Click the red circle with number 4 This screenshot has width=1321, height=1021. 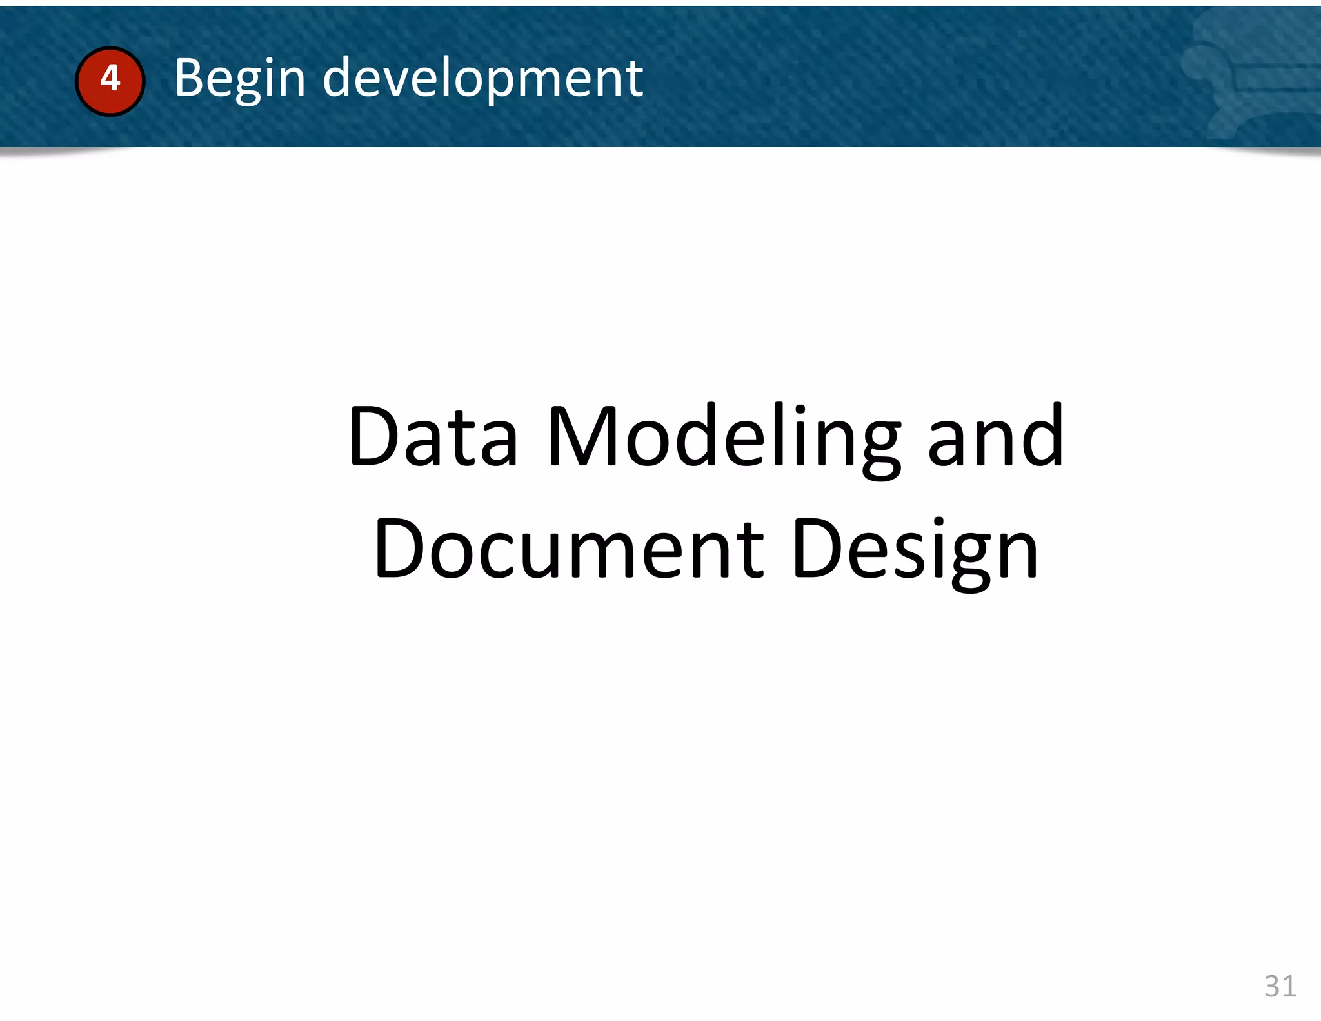click(110, 81)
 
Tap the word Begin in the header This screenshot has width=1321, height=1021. click(239, 78)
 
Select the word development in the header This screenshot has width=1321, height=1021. click(482, 78)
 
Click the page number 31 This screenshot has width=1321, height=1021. click(1280, 986)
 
